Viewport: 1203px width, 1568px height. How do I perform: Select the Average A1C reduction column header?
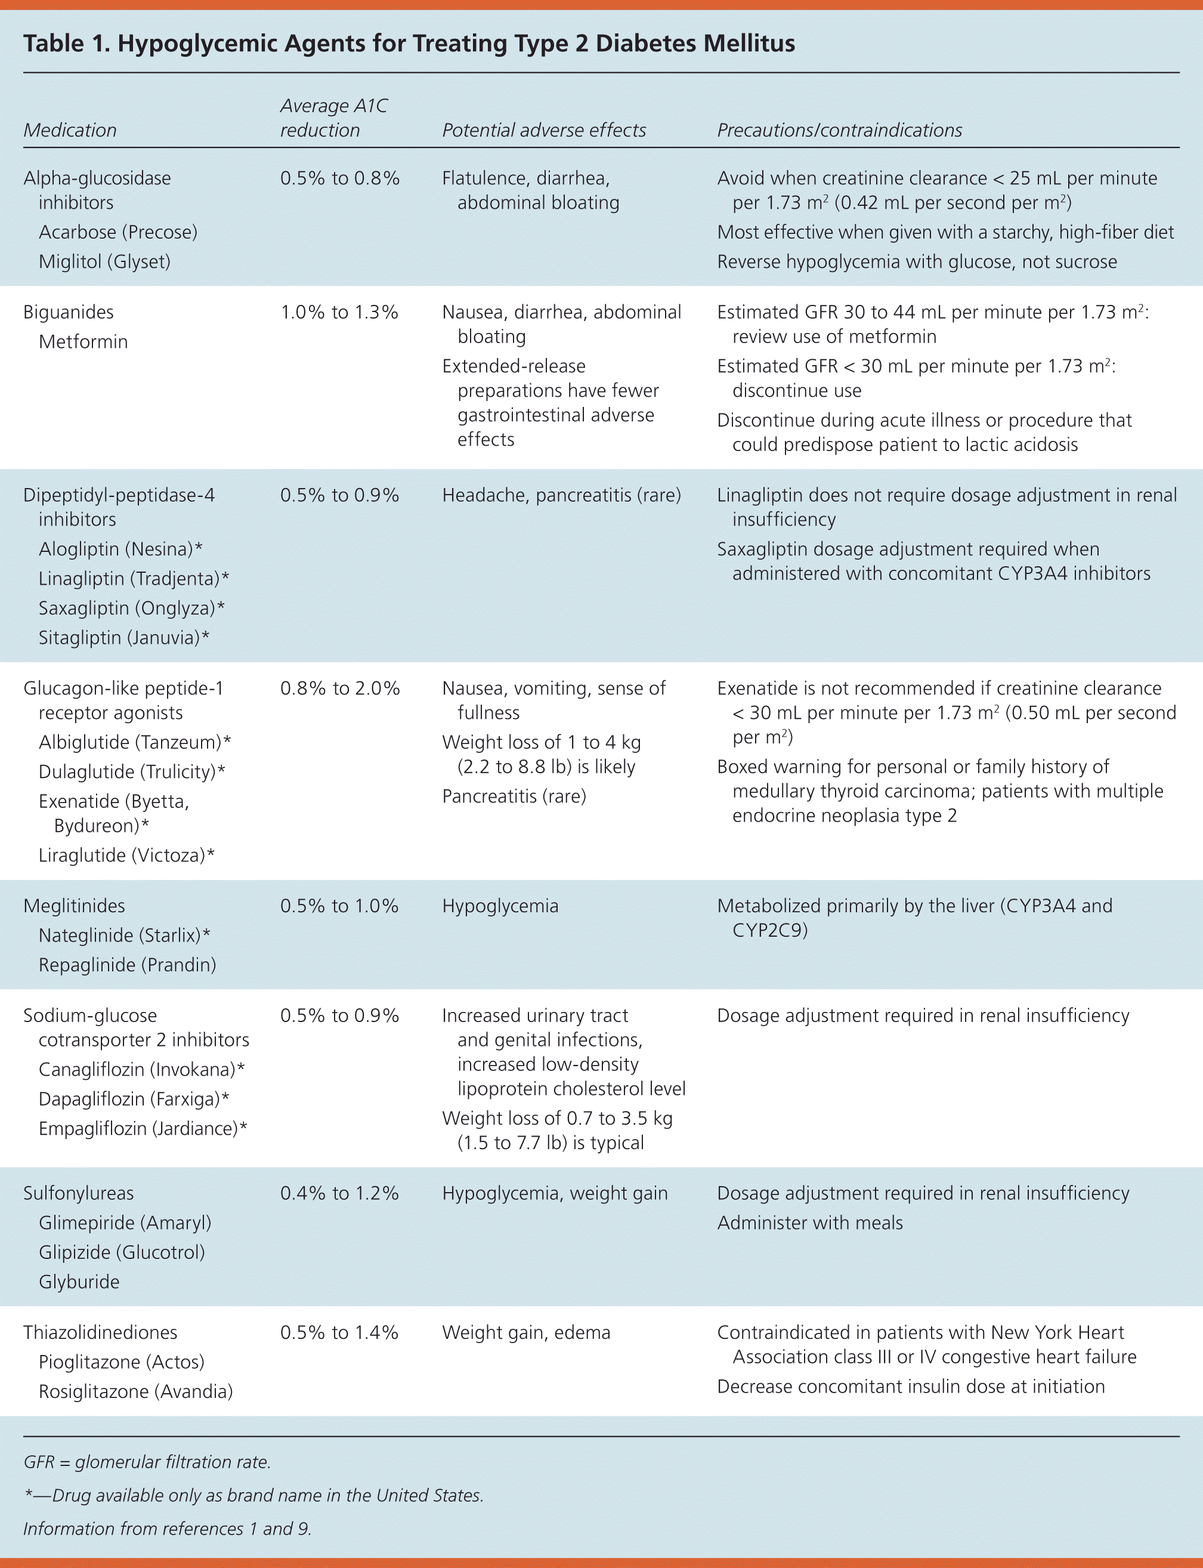coord(333,118)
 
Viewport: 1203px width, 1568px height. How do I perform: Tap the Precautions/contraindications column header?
coord(839,130)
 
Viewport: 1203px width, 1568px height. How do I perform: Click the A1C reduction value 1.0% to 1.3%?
coord(339,312)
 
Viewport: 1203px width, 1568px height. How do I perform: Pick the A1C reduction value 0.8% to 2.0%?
coord(339,689)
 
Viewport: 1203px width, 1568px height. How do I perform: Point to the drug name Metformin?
coord(83,342)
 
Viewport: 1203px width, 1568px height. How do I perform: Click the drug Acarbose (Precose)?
coord(118,232)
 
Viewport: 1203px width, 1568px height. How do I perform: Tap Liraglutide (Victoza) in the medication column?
coord(126,855)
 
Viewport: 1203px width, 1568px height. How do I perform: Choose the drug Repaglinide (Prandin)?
coord(128,965)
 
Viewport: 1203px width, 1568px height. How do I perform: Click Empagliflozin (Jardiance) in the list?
coord(142,1129)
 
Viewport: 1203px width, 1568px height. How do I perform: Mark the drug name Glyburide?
coord(79,1282)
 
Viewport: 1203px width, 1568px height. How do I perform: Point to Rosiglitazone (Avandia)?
coord(135,1392)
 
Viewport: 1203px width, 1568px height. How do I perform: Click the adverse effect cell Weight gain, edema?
coord(525,1332)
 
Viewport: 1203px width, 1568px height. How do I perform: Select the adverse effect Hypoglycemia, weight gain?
coord(554,1193)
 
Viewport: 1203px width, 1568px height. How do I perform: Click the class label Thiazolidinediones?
coord(100,1332)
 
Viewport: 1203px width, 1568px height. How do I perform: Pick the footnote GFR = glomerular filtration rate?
coord(147,1462)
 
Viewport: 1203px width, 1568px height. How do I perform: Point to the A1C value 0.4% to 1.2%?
coord(339,1193)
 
